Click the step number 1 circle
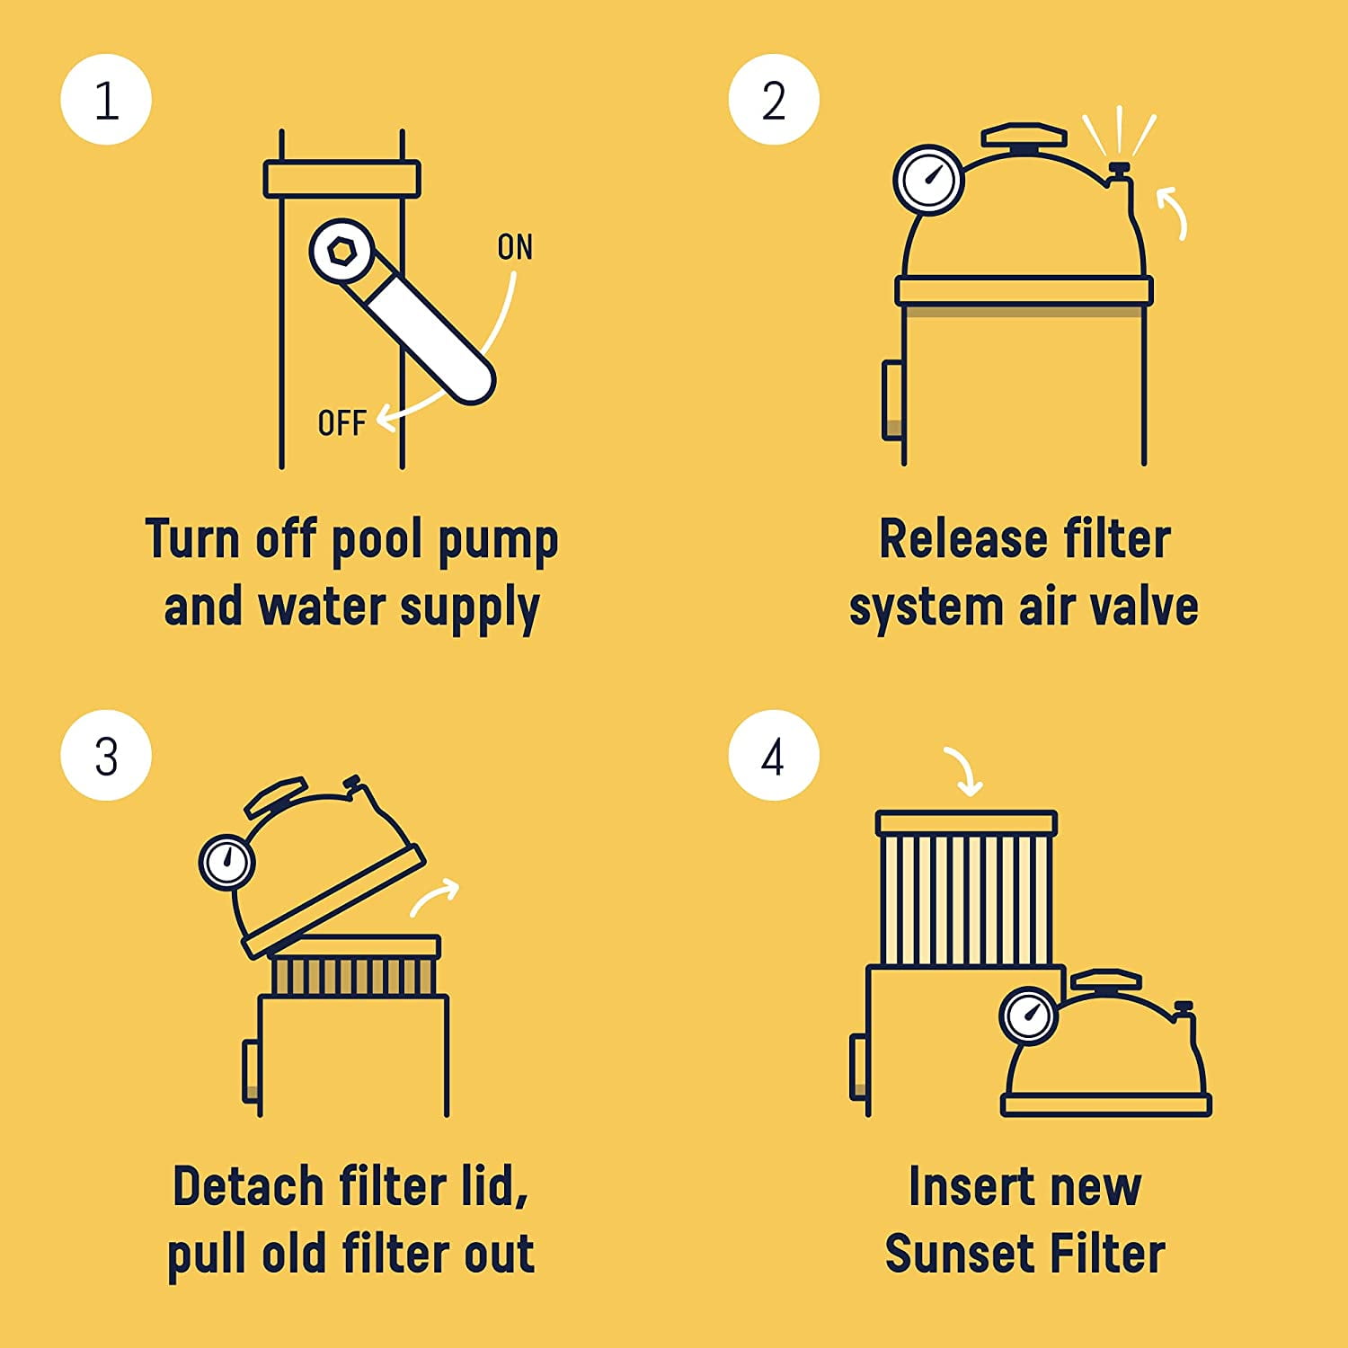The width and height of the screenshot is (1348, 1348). (106, 100)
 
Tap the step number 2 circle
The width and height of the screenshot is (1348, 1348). (774, 100)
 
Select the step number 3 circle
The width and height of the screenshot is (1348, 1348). (106, 756)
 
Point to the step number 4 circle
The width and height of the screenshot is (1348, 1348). (774, 756)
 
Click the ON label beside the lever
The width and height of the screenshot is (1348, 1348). (515, 247)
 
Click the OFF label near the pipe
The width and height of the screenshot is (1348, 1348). (341, 422)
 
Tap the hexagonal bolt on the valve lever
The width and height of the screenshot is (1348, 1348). (341, 251)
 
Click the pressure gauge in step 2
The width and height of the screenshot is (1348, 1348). (928, 180)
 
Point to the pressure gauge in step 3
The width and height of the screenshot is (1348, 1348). (226, 863)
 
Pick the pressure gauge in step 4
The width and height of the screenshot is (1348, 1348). (1029, 1015)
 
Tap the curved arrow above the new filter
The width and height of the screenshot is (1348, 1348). (963, 771)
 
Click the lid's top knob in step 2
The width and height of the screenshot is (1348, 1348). (1024, 137)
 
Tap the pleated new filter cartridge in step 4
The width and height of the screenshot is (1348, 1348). (966, 890)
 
